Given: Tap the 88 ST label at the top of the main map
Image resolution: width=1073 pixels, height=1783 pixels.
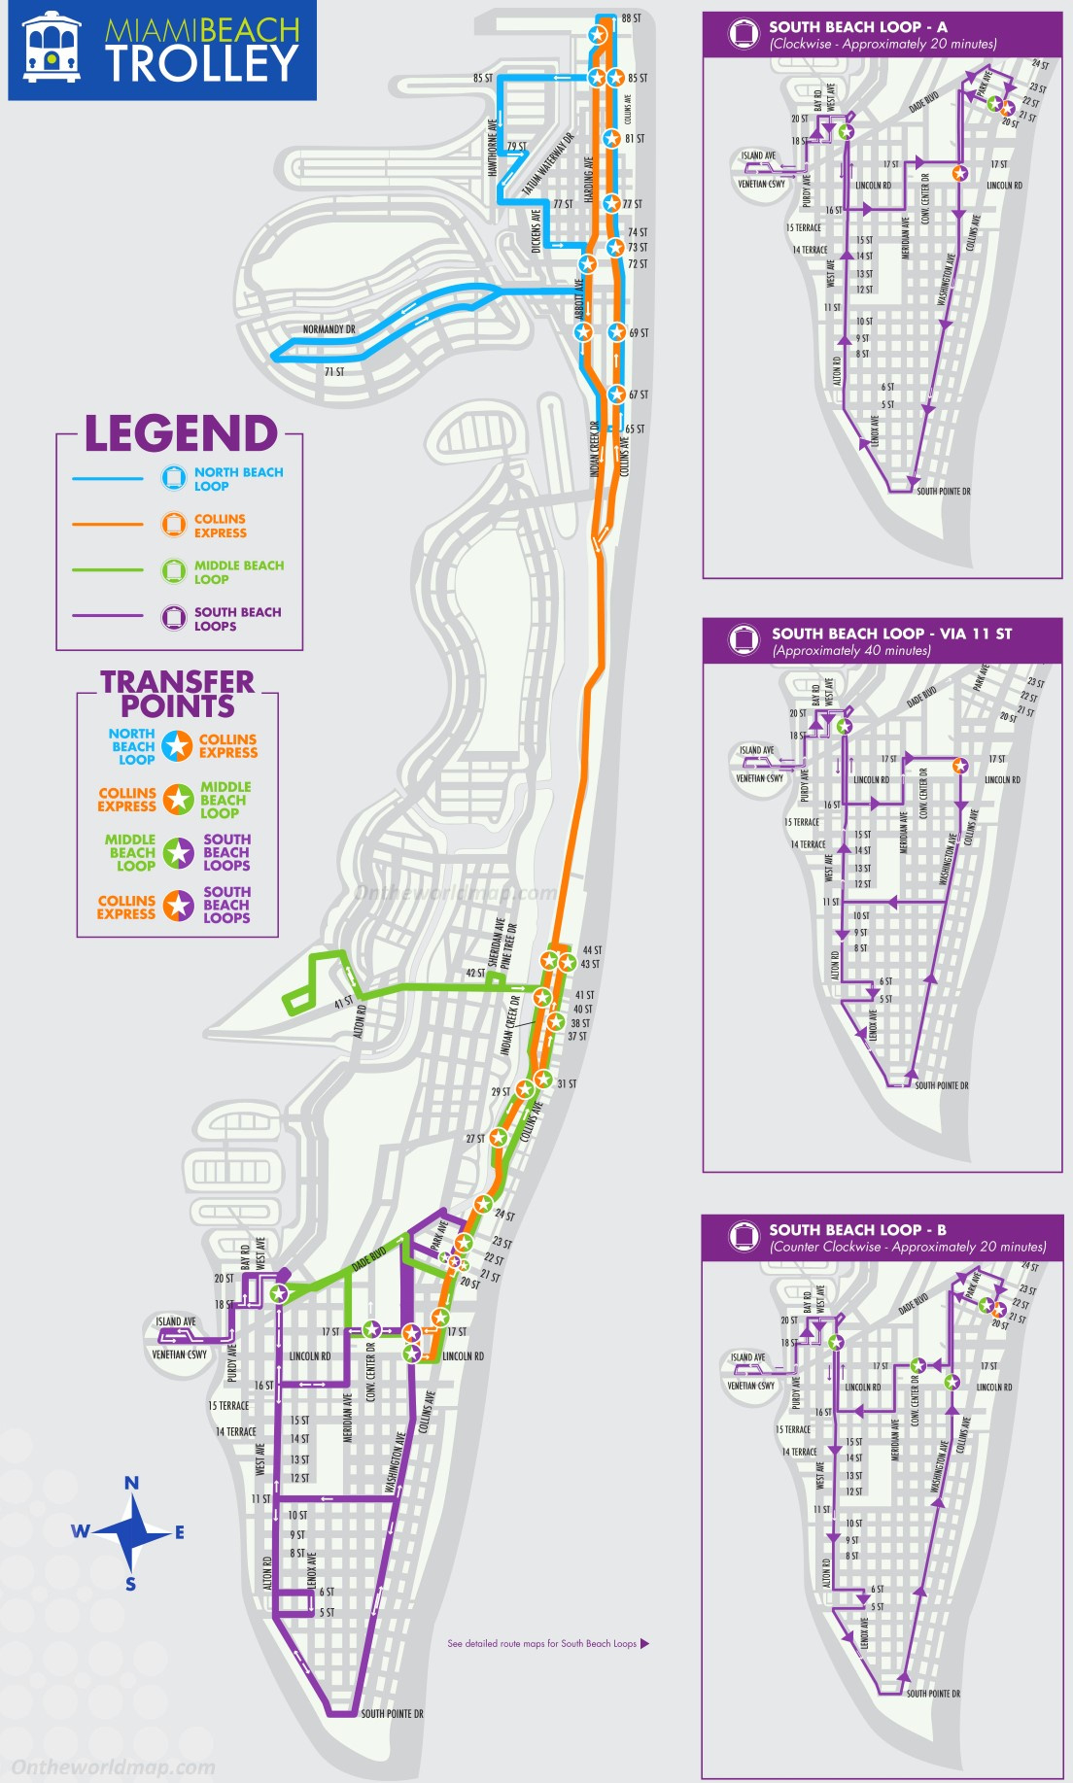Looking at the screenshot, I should click(x=631, y=18).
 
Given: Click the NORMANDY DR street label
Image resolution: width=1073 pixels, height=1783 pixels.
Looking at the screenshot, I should click(x=329, y=329).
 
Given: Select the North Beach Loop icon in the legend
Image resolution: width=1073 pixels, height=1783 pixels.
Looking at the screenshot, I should click(x=174, y=478).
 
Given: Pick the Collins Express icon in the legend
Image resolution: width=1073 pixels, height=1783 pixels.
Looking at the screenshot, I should click(x=174, y=525).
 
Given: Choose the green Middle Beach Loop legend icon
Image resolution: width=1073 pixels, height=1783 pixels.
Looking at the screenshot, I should click(x=174, y=571).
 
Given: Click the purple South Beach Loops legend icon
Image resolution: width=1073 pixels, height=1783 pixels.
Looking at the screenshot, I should click(x=174, y=618).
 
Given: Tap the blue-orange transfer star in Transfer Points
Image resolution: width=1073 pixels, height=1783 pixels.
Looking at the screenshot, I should click(x=177, y=746).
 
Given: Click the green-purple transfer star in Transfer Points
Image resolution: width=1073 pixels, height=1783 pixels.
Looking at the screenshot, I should click(x=178, y=852).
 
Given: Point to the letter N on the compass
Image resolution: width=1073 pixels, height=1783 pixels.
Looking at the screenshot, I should click(x=131, y=1484).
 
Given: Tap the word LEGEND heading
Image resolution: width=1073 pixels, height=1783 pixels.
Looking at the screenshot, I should click(x=181, y=433).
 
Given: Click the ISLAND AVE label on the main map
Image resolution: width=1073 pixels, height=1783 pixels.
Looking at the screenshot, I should click(x=176, y=1321).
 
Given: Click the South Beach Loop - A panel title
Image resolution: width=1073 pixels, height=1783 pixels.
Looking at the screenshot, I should click(x=857, y=27).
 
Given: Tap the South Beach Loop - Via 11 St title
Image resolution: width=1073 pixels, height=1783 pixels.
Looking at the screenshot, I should click(x=891, y=634).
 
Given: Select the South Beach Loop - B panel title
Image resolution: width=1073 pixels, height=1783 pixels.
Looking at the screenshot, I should click(x=857, y=1230).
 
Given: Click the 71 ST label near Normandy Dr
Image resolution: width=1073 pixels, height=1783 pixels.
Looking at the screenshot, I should click(x=334, y=372).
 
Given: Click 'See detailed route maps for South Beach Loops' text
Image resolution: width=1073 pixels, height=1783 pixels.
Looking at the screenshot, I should click(x=541, y=1644).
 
